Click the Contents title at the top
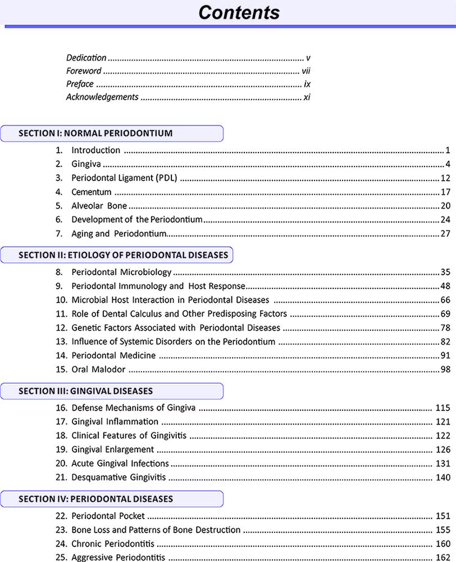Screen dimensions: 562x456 click(239, 12)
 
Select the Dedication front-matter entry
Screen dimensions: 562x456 click(86, 58)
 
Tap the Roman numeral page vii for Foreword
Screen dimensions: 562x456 click(305, 71)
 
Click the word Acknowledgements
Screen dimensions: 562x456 click(102, 97)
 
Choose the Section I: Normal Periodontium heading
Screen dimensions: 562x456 click(95, 133)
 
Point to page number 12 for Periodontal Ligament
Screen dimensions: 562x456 click(446, 178)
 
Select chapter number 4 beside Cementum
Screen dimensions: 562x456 click(58, 192)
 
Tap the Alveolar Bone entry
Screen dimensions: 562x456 click(99, 206)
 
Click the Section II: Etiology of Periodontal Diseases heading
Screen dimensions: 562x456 click(123, 255)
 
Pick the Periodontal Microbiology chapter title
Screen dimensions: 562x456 click(121, 273)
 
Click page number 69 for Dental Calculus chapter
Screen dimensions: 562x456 click(446, 314)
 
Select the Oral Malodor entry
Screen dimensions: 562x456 click(98, 370)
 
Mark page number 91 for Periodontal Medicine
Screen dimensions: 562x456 click(446, 356)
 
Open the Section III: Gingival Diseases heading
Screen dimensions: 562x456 click(85, 391)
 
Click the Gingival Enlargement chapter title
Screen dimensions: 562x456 click(112, 450)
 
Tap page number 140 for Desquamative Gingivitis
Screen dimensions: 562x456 click(443, 478)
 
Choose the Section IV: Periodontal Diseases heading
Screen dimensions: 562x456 click(95, 499)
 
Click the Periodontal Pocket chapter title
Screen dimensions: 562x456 click(108, 516)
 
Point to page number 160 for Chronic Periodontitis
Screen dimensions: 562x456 click(443, 544)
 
